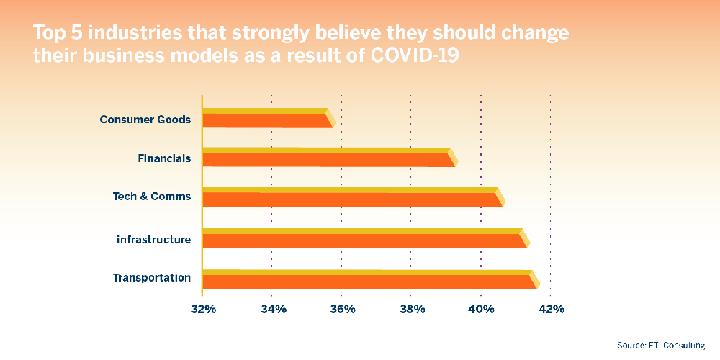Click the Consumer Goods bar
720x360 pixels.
(266, 119)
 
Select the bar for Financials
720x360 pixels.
(328, 158)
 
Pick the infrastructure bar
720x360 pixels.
(364, 239)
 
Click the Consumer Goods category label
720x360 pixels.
(145, 120)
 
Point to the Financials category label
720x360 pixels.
(164, 158)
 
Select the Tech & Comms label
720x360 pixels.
(151, 197)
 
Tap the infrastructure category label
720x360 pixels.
(153, 239)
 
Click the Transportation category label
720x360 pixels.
(151, 278)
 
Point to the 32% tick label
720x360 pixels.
(203, 310)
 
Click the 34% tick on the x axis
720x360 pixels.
(272, 310)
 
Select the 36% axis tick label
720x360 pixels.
(342, 310)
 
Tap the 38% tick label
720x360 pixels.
(411, 310)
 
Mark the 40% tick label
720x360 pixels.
(481, 310)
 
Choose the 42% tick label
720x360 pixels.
(551, 310)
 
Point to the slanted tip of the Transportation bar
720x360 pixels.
(534, 280)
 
